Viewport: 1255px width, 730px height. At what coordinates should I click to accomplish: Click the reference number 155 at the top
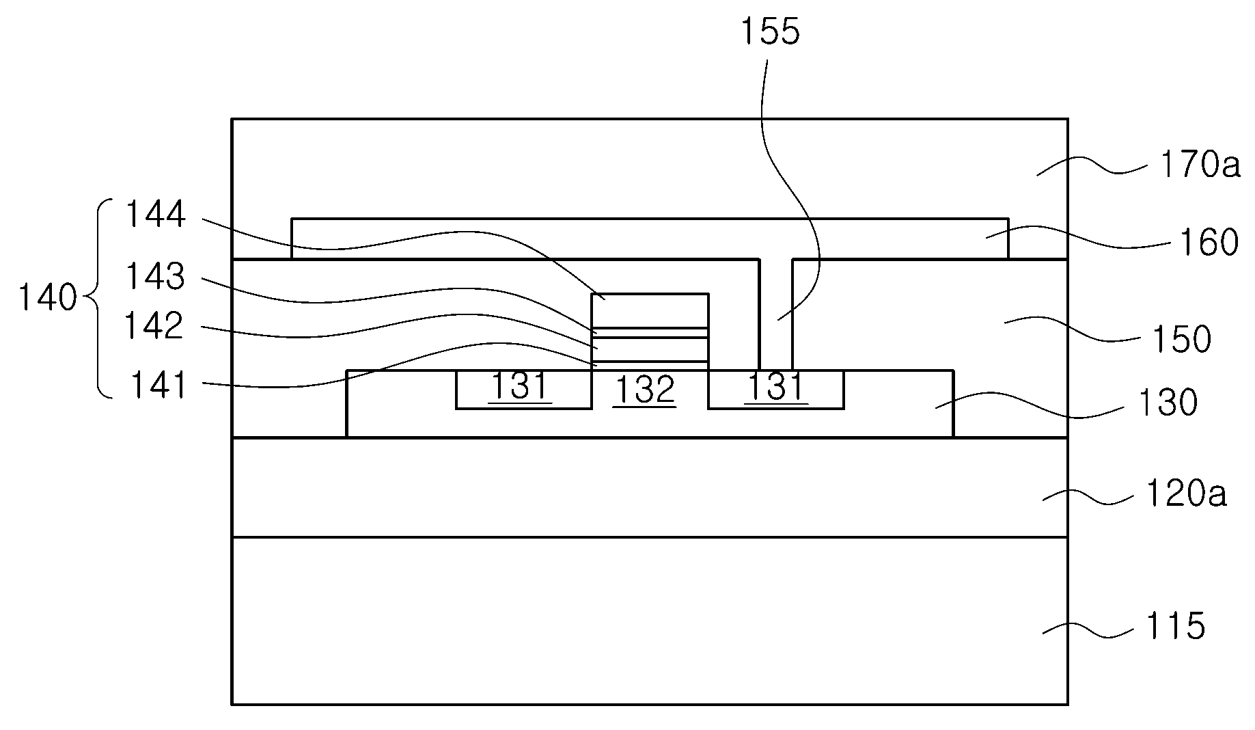coord(770,32)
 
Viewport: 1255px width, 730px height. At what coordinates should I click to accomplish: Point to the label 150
coord(1181,338)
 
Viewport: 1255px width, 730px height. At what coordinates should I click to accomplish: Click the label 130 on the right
coord(1168,403)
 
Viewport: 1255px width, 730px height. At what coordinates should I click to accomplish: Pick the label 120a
coord(1186,495)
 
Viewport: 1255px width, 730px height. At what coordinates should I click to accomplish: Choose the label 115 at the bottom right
coord(1175,626)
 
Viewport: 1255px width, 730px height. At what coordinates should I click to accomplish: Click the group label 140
coord(46,299)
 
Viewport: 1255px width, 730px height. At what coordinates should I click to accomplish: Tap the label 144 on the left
coord(154,215)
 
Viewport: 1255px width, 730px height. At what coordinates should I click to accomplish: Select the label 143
coord(154,277)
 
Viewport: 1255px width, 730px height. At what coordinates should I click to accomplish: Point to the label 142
coord(154,326)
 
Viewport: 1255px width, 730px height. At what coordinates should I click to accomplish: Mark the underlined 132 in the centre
coord(645,390)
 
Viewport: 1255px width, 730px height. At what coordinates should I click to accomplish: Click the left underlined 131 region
coord(523,390)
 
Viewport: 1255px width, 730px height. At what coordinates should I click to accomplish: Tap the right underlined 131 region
coord(776,390)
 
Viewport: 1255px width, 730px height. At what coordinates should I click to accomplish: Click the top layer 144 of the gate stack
coord(650,311)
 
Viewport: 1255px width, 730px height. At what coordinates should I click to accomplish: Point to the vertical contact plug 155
coord(775,314)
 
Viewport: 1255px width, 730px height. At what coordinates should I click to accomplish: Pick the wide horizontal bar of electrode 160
coord(650,239)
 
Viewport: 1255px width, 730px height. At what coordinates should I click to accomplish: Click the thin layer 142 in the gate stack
coord(650,349)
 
